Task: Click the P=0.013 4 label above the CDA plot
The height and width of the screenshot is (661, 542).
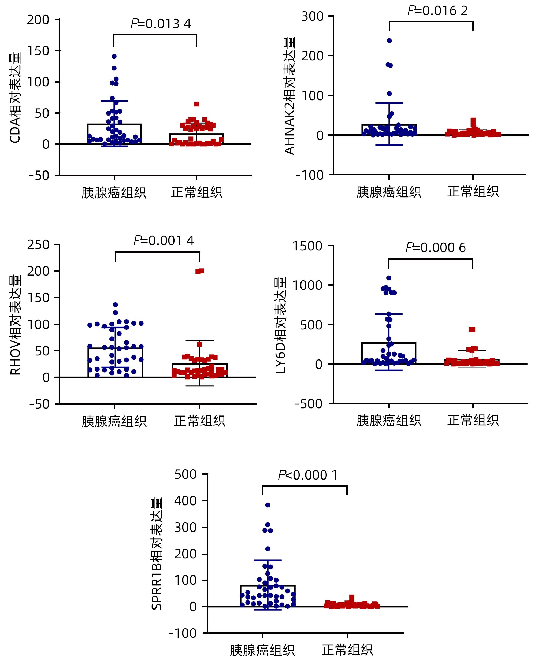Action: coord(161,24)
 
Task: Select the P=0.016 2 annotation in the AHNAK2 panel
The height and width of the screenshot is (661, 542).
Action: coord(437,11)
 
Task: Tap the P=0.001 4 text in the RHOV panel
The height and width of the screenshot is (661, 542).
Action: coord(164,240)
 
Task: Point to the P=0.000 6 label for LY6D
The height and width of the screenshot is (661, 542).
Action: coord(436,248)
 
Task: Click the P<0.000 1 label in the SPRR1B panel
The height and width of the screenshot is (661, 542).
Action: coord(308,475)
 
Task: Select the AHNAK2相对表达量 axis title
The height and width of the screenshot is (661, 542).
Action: coord(290,96)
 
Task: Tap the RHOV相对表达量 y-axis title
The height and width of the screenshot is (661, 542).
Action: coord(15,325)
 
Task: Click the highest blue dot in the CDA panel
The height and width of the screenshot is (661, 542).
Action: coord(114,57)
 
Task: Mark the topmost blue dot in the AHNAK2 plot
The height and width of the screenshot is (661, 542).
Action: coord(389,40)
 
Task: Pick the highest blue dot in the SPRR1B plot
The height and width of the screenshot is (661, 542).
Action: coord(268,505)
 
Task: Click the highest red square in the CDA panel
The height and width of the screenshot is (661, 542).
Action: coord(196,104)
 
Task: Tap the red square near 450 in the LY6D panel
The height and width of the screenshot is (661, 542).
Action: coord(472,330)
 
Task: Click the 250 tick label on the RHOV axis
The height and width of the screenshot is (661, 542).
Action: coord(38,244)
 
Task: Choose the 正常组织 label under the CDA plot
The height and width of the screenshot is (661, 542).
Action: coord(197,192)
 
